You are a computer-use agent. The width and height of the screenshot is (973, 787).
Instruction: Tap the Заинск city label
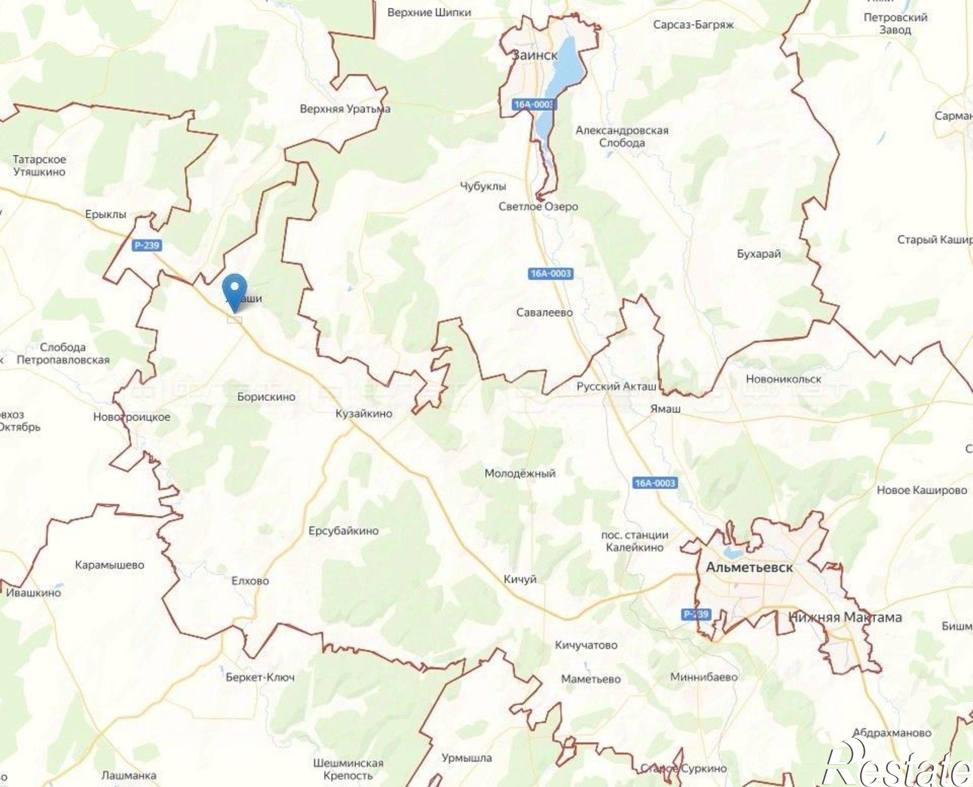tap(534, 55)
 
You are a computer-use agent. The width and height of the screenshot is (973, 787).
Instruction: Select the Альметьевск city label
tap(749, 567)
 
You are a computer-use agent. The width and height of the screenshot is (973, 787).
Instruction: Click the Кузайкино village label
tap(364, 414)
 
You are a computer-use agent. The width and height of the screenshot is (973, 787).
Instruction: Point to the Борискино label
tap(266, 397)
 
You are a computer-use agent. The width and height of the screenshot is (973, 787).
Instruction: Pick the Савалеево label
tap(544, 312)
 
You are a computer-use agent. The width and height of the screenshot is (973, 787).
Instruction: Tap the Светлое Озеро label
tap(538, 206)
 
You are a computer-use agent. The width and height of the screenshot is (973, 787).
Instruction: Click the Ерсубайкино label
tap(343, 531)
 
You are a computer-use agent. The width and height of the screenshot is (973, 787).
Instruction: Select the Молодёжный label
tap(520, 473)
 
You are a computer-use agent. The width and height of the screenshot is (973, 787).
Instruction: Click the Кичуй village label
tap(520, 579)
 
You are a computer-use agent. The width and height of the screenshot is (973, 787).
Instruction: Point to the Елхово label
tap(250, 581)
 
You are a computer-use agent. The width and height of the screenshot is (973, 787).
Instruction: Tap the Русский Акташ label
tap(616, 386)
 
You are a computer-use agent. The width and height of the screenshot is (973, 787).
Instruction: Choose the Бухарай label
tap(758, 254)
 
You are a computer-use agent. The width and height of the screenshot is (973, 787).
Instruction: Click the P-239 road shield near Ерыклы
tap(146, 245)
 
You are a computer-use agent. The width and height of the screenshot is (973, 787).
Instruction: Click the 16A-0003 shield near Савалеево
tap(551, 274)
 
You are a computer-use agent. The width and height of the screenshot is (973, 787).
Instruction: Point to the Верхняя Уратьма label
tap(345, 109)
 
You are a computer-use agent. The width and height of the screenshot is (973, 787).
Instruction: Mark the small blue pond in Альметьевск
tap(731, 552)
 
